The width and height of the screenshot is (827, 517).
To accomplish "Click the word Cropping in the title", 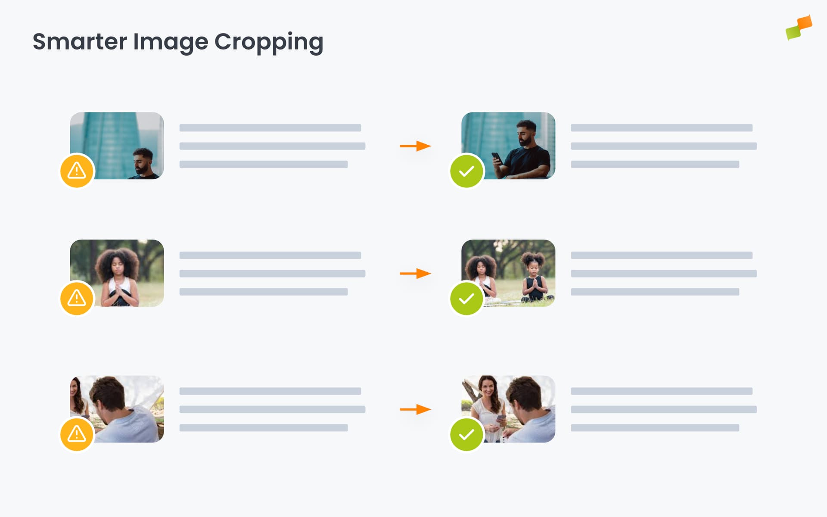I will (268, 42).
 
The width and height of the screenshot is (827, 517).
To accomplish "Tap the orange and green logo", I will (799, 28).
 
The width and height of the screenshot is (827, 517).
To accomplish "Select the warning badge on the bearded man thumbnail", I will (77, 171).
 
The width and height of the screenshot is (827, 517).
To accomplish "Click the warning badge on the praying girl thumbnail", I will (77, 298).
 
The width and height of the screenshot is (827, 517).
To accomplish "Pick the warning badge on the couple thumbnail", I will (77, 434).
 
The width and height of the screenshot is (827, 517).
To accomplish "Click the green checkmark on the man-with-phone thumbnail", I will (466, 171).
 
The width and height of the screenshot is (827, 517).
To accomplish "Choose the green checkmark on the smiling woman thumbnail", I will (466, 434).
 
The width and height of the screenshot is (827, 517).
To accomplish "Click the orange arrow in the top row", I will (415, 146).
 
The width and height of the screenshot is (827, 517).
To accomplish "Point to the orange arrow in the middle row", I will (415, 274).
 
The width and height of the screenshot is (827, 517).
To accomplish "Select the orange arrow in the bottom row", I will (415, 409).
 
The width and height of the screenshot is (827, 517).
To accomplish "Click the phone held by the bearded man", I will (497, 158).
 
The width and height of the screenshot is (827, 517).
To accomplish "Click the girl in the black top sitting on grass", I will (535, 280).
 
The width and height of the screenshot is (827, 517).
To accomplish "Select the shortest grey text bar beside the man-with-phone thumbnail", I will (655, 165).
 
